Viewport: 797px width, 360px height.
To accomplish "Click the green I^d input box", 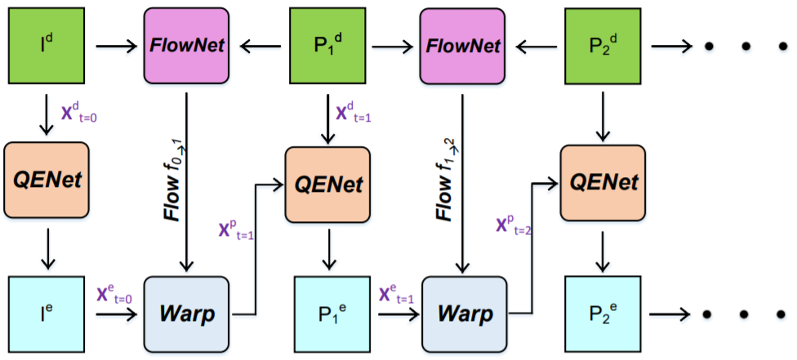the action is [47, 47].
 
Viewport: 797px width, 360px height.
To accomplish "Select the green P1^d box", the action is [327, 47].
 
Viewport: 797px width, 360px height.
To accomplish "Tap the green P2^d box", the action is [603, 47].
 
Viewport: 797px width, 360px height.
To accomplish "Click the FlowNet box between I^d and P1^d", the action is [186, 47].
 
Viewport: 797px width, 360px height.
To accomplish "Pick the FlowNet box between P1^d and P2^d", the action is [462, 47].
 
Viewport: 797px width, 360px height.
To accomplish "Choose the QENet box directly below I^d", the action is [47, 180].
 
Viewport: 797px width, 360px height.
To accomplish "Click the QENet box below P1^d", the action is [327, 184].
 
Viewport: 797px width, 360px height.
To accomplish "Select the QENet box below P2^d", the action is [603, 183].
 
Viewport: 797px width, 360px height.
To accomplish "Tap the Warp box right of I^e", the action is [187, 315].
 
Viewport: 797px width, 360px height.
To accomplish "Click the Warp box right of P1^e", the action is [465, 315].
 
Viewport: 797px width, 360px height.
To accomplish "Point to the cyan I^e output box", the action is [47, 315].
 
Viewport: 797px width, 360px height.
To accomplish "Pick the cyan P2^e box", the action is [603, 315].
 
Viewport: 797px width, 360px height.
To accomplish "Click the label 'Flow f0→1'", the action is [172, 180].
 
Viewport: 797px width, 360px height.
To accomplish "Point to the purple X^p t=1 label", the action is [236, 231].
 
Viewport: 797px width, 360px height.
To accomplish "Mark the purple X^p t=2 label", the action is [514, 224].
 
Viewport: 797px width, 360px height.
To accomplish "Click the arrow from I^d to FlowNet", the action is [117, 47].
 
